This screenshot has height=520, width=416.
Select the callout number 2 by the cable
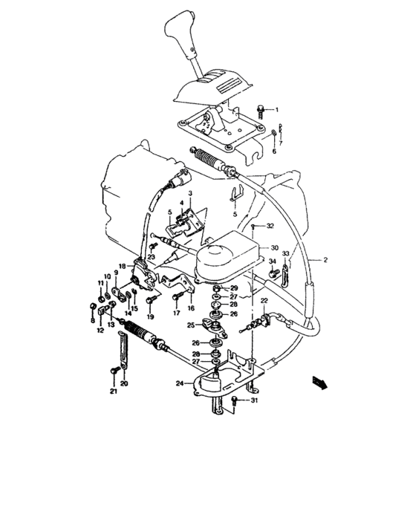(325, 259)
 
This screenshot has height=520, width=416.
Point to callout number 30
(274, 248)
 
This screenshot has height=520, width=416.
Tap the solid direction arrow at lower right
(319, 382)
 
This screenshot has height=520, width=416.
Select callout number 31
(255, 402)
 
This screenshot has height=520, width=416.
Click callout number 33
(285, 253)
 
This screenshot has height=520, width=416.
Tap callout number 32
(270, 225)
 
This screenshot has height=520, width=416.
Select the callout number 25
(190, 325)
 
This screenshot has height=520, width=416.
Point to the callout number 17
(176, 313)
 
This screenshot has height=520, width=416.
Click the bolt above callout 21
(113, 370)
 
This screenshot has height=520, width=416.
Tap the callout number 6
(273, 151)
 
